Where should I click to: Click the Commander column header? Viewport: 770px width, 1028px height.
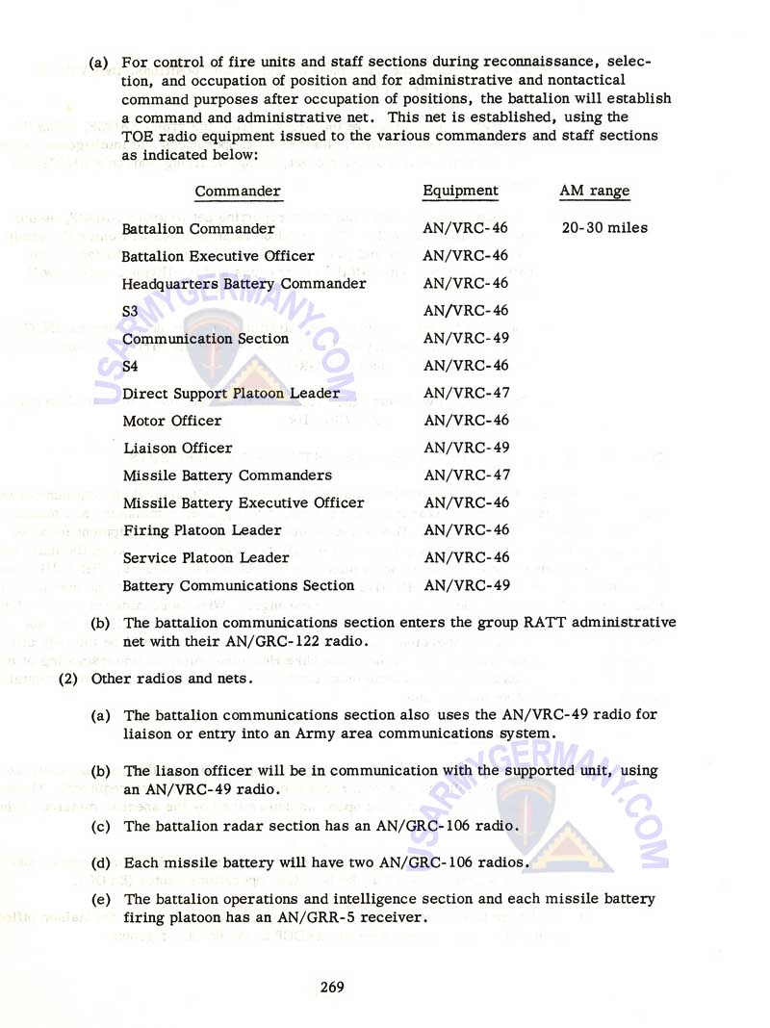click(x=238, y=192)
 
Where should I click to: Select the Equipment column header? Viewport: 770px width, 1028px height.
click(x=461, y=191)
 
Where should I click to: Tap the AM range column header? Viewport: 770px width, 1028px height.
click(x=595, y=191)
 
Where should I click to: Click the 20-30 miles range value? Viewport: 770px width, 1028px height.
click(x=603, y=228)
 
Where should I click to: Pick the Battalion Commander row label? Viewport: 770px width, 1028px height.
click(x=198, y=229)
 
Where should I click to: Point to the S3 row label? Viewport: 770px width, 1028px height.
click(x=131, y=312)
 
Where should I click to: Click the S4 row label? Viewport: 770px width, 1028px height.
click(x=131, y=367)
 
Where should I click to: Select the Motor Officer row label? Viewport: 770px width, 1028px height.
click(x=172, y=421)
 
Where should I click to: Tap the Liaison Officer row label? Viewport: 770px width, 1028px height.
click(x=178, y=448)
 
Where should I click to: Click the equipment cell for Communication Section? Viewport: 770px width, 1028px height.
click(x=466, y=339)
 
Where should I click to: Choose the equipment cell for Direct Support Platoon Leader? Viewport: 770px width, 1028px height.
click(x=466, y=394)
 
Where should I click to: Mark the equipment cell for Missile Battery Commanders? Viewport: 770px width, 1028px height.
click(x=466, y=475)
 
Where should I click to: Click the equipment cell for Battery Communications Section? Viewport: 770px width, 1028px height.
click(x=466, y=585)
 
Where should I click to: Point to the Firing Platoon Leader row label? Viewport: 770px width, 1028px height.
click(x=202, y=530)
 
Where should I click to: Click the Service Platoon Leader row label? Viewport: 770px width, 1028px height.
click(x=206, y=557)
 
